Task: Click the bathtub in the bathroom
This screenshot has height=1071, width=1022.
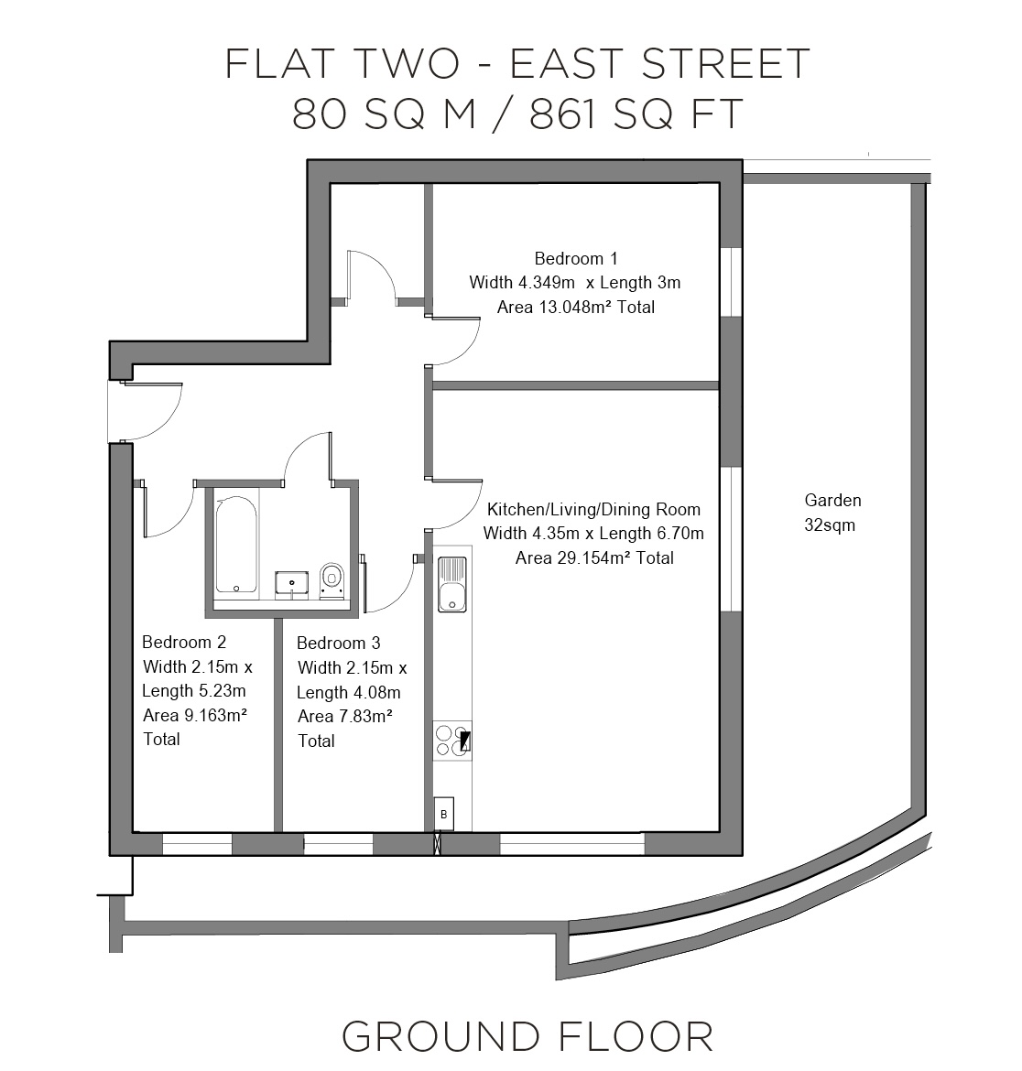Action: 236,545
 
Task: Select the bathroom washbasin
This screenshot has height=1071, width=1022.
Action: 292,585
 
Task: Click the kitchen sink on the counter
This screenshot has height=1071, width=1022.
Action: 452,583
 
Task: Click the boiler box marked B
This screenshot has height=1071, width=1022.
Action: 444,814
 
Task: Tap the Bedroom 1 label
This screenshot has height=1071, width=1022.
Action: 576,259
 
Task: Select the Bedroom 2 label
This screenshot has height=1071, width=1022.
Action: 184,642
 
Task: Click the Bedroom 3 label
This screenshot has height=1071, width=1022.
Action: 338,644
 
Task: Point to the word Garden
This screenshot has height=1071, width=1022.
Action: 832,501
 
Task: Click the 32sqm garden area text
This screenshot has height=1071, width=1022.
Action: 830,525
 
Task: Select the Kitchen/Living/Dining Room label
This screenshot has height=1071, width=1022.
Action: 593,510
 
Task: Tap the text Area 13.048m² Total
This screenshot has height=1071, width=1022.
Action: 576,308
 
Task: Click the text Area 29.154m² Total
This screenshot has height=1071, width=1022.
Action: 594,558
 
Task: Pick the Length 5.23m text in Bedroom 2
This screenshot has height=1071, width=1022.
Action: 194,690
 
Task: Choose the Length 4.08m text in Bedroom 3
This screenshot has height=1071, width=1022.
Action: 348,693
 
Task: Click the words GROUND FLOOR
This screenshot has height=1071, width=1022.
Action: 527,1037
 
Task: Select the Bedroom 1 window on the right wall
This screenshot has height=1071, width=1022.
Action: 731,282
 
